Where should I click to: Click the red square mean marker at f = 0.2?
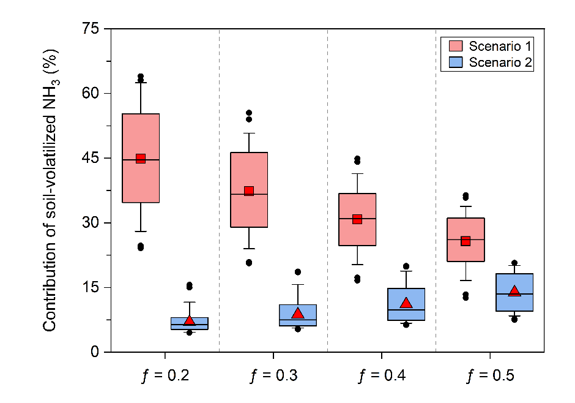pos(141,159)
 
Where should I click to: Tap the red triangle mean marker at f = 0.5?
pos(514,291)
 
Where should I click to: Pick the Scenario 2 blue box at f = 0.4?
pos(406,304)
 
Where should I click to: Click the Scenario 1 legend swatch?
pos(454,46)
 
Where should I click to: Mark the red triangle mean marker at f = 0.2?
pos(189,320)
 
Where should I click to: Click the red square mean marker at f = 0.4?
pos(357,219)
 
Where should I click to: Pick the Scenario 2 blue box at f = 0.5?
pos(514,293)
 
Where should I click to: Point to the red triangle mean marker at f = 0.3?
pos(298,314)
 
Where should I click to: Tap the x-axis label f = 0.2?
pos(165,375)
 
